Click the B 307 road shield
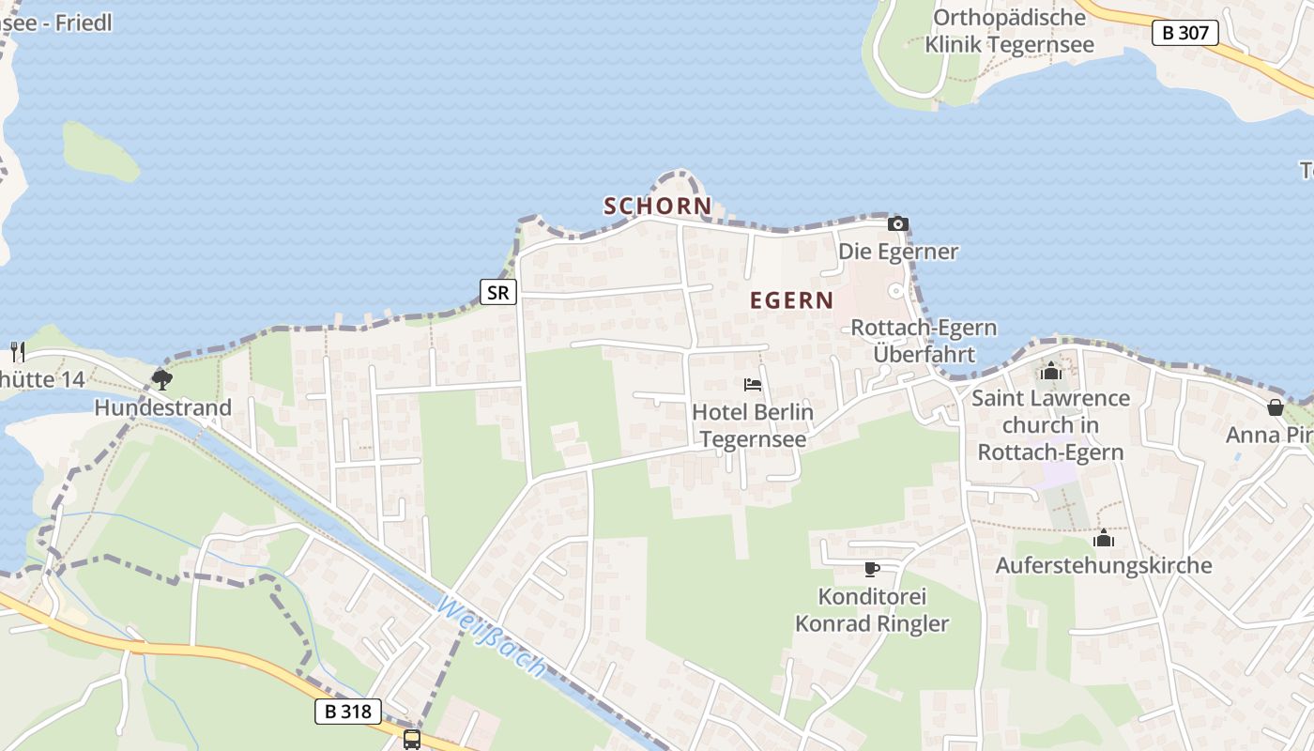point(1184,33)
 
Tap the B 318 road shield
point(347,712)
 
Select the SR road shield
point(498,292)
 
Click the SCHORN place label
point(657,206)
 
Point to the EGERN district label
point(791,300)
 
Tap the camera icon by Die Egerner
point(898,223)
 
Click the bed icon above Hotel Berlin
point(753,385)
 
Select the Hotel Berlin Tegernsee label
point(753,425)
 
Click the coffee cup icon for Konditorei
point(872,569)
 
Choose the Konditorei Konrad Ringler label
point(872,610)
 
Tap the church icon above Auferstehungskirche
point(1104,539)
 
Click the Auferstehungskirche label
point(1104,566)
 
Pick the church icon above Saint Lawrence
point(1051,372)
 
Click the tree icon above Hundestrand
point(162,380)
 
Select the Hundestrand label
point(162,408)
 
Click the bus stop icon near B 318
point(412,739)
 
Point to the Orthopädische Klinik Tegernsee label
point(1009,30)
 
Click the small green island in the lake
point(99,152)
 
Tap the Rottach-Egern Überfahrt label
point(924,341)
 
